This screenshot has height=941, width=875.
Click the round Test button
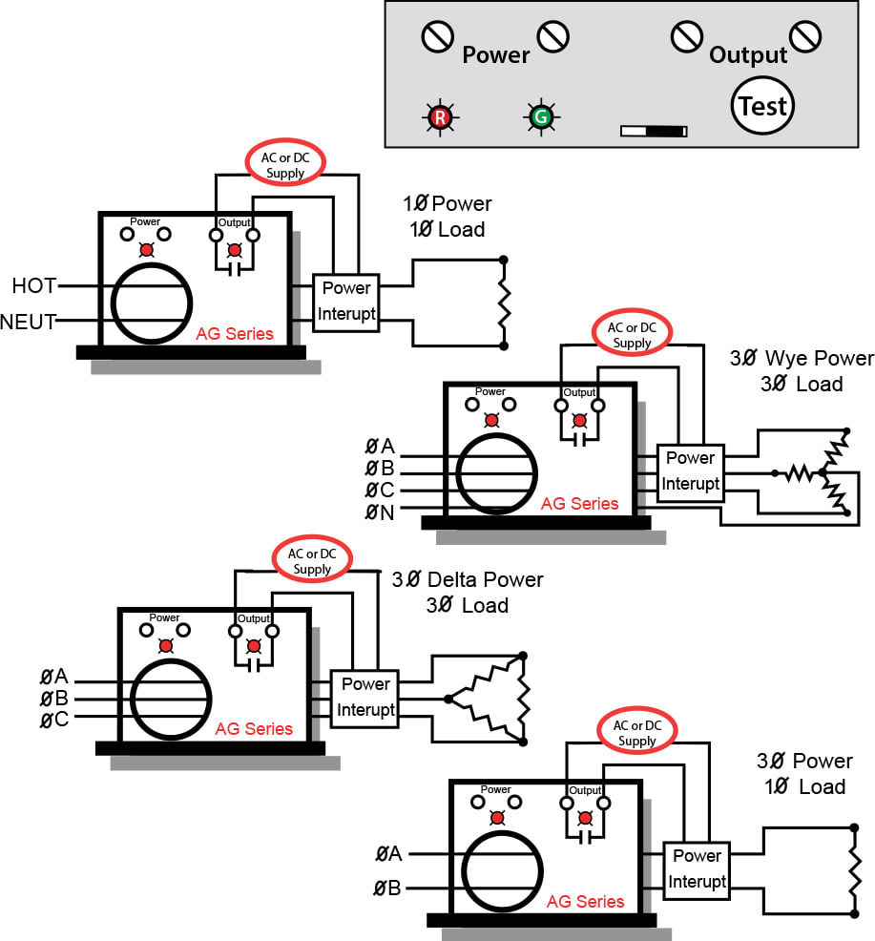762,106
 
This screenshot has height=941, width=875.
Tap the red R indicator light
440,116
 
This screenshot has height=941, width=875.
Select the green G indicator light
541,116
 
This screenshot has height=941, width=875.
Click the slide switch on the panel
654,131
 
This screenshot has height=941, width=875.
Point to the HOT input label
34,285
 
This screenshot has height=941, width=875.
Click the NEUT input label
29,322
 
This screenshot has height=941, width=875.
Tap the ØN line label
379,512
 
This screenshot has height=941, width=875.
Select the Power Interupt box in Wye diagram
690,473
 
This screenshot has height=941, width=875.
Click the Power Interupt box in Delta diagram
365,700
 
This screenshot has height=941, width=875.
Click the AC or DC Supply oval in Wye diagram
632,334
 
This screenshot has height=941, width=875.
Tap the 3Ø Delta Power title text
468,579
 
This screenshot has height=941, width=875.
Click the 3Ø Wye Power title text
802,358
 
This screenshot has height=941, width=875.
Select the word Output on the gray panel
748,55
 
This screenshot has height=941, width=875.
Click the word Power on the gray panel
496,55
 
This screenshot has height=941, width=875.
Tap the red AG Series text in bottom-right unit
585,901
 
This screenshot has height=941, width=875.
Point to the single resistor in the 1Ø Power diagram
504,303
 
